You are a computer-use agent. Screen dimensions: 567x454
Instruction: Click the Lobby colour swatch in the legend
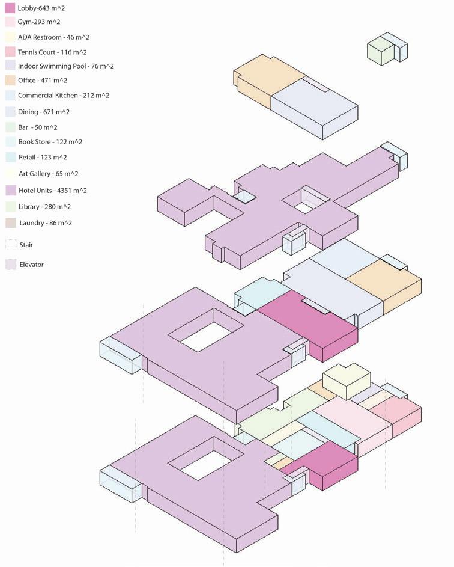pyautogui.click(x=10, y=8)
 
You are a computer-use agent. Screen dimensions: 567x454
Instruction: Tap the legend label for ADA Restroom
pyautogui.click(x=53, y=37)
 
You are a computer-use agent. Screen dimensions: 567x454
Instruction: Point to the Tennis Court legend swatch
pyautogui.click(x=10, y=52)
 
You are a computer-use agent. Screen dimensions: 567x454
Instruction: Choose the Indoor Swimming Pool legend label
pyautogui.click(x=65, y=66)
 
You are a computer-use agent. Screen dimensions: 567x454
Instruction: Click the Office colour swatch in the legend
pyautogui.click(x=10, y=81)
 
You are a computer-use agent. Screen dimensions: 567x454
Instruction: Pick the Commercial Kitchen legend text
pyautogui.click(x=63, y=96)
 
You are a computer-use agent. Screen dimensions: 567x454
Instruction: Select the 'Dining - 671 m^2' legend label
pyautogui.click(x=43, y=112)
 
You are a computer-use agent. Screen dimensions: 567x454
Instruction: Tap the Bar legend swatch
pyautogui.click(x=10, y=127)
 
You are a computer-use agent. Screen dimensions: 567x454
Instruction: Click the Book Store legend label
pyautogui.click(x=50, y=143)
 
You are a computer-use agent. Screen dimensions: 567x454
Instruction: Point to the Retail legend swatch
pyautogui.click(x=10, y=157)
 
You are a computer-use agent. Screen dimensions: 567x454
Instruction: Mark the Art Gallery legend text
pyautogui.click(x=49, y=174)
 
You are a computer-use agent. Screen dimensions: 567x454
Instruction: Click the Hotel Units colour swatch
pyautogui.click(x=10, y=191)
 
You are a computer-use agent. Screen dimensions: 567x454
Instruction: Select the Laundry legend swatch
pyautogui.click(x=10, y=223)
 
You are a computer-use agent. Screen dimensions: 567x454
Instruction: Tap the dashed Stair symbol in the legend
pyautogui.click(x=10, y=245)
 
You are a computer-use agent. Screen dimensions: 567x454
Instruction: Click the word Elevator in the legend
pyautogui.click(x=31, y=265)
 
